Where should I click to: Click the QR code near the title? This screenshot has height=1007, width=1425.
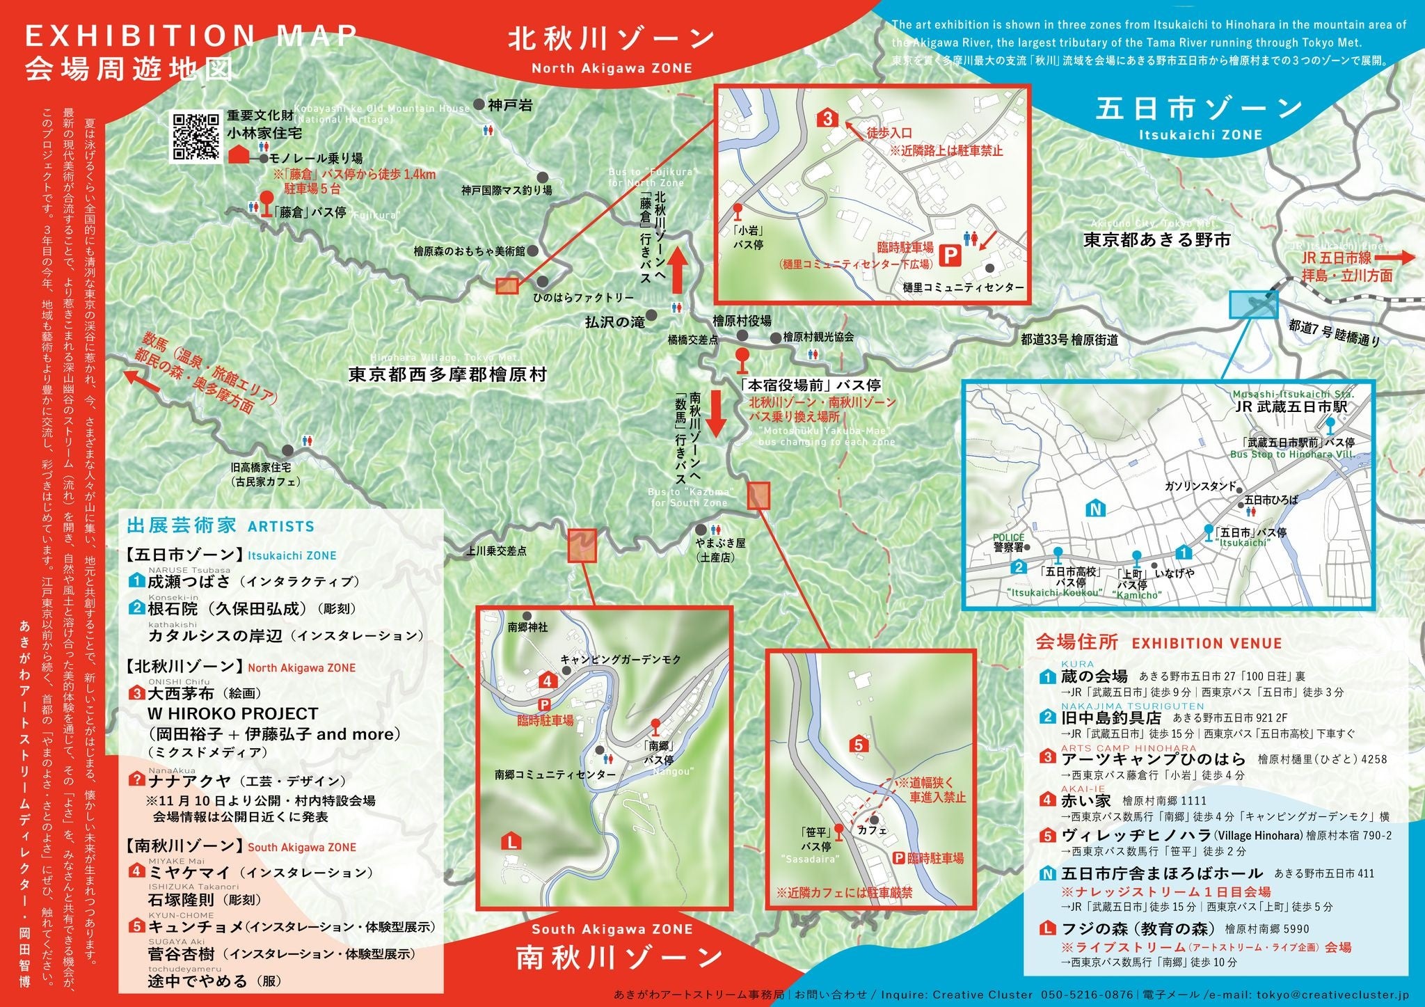click(196, 136)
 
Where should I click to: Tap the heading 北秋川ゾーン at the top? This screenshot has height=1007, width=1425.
click(611, 39)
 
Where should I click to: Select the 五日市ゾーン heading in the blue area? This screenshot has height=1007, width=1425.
click(1200, 109)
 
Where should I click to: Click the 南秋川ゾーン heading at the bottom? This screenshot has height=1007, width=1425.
click(619, 958)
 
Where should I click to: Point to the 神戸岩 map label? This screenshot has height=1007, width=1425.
click(510, 105)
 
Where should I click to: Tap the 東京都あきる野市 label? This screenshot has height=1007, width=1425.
click(1156, 240)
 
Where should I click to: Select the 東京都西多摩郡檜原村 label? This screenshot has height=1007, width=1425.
click(447, 374)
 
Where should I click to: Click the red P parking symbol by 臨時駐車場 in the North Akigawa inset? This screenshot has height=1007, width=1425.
click(947, 257)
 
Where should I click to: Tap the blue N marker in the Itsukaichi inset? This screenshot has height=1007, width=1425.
click(1095, 509)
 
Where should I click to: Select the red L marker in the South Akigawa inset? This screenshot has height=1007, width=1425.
click(511, 842)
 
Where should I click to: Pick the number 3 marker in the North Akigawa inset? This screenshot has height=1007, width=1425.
click(827, 118)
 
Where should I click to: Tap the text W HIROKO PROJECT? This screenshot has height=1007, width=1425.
click(232, 714)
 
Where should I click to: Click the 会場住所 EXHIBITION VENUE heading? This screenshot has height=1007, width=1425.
click(1159, 642)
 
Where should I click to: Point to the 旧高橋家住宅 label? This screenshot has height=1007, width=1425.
click(261, 468)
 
